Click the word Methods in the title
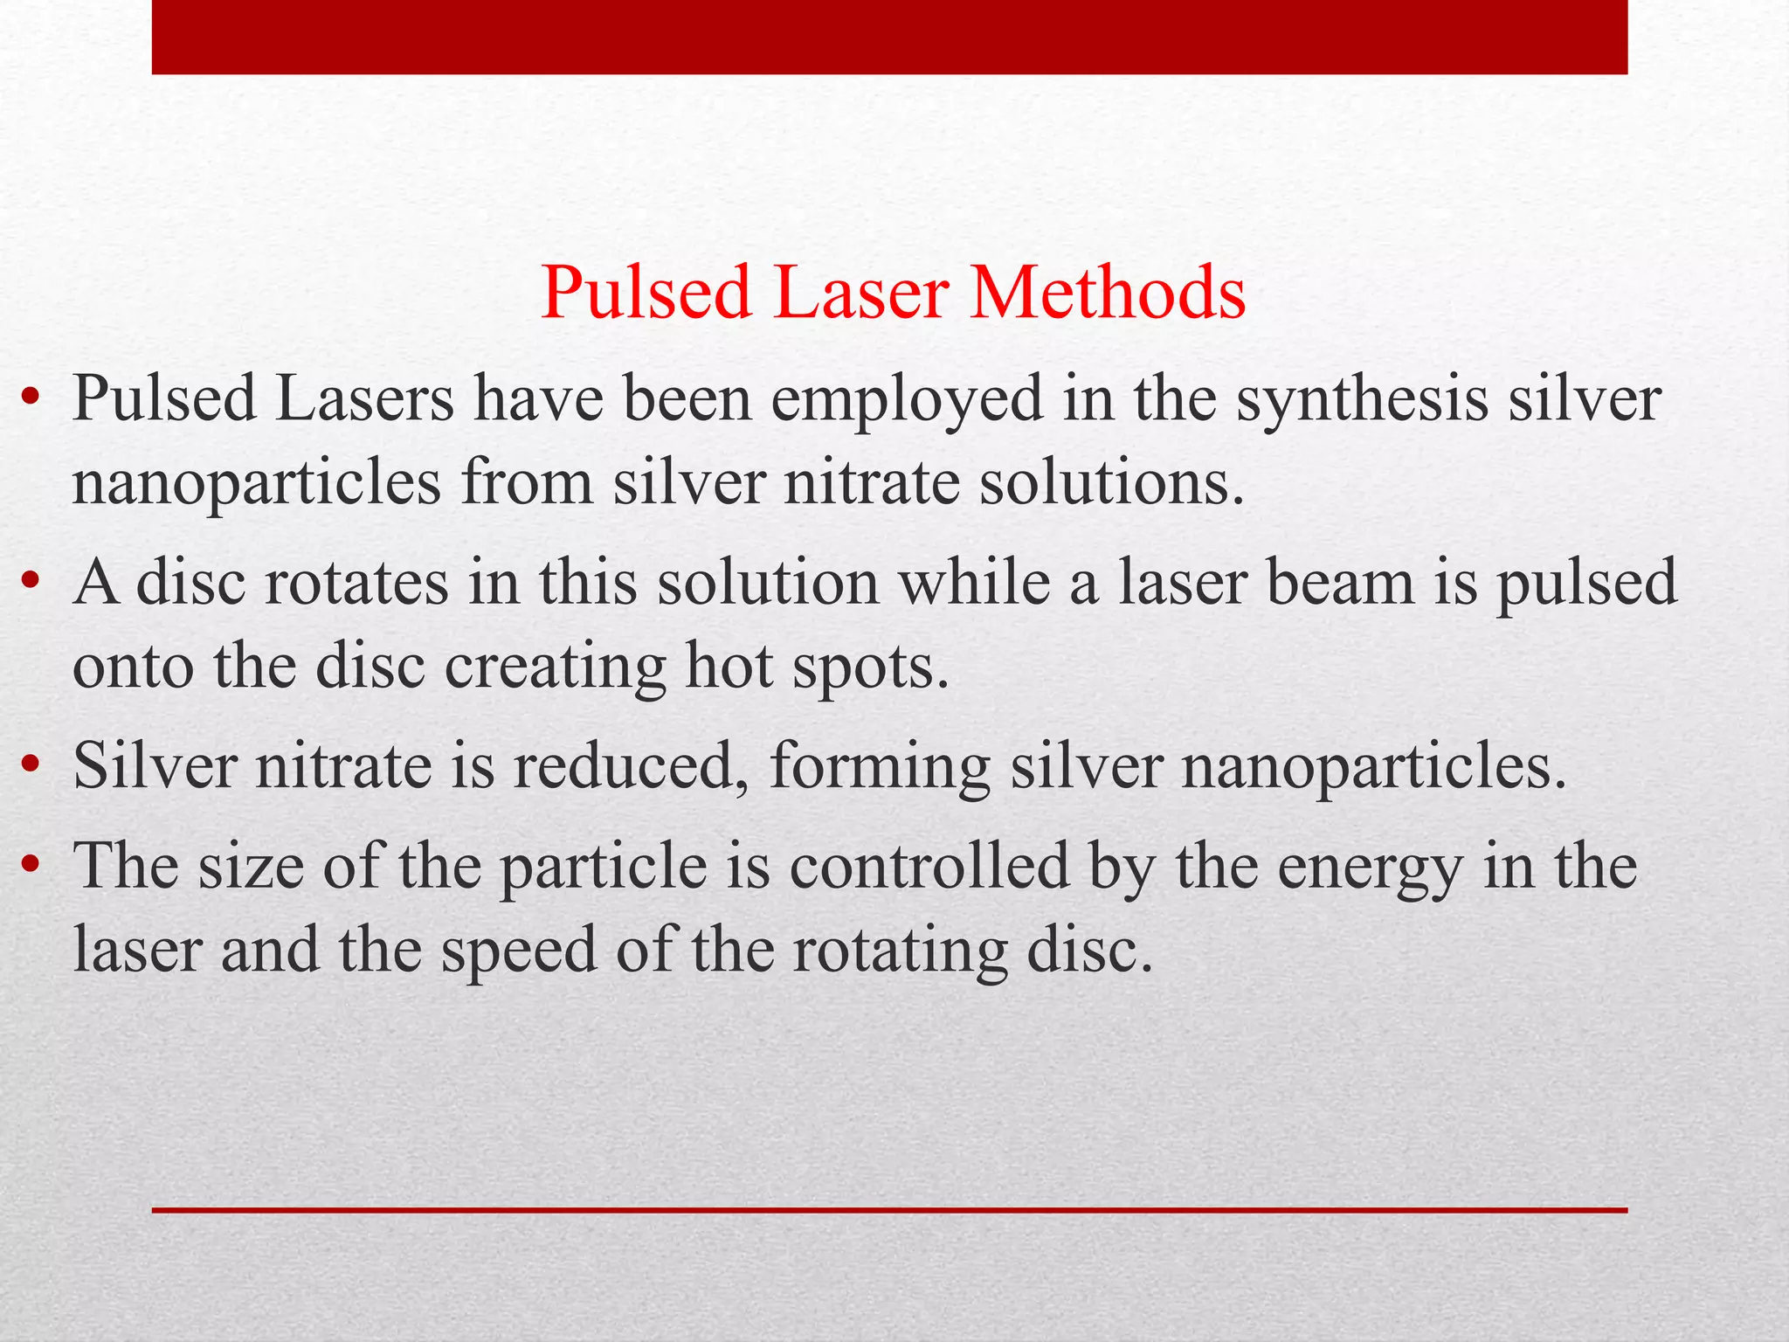[x=1107, y=293]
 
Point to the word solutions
[x=1110, y=482]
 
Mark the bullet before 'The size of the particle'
[x=31, y=866]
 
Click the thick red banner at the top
[x=889, y=37]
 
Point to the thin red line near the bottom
[x=889, y=1210]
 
